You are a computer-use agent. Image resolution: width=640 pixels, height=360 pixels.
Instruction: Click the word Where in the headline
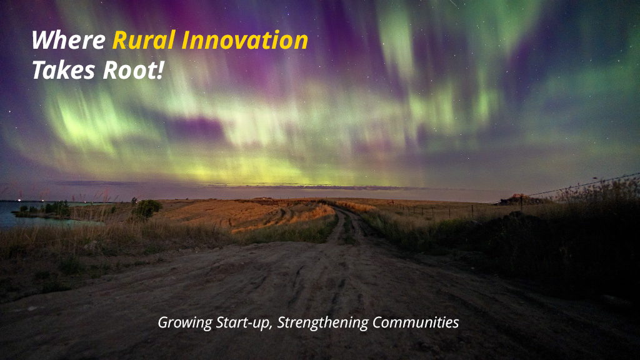tap(69, 41)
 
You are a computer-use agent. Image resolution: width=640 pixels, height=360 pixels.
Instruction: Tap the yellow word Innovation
tap(244, 41)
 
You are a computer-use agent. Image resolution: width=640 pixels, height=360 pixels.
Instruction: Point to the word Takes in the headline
tap(63, 70)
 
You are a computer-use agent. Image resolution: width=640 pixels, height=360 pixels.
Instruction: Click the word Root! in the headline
tap(133, 70)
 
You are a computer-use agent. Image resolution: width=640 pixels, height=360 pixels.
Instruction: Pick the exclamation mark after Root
tap(160, 70)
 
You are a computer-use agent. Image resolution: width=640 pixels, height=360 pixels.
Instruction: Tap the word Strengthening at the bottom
tap(322, 323)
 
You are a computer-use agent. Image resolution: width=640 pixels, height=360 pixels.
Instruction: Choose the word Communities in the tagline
tap(416, 322)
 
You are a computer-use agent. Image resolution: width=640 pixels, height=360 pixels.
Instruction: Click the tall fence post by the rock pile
tap(521, 203)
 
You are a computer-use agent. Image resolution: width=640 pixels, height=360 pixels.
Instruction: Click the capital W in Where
tap(41, 41)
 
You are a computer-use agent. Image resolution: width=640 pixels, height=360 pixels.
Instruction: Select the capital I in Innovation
tap(185, 41)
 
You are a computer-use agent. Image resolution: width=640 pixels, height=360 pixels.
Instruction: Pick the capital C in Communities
tap(377, 322)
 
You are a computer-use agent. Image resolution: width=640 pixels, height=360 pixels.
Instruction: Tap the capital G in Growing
tap(163, 322)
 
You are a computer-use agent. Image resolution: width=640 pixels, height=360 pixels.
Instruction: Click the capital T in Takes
tap(39, 70)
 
